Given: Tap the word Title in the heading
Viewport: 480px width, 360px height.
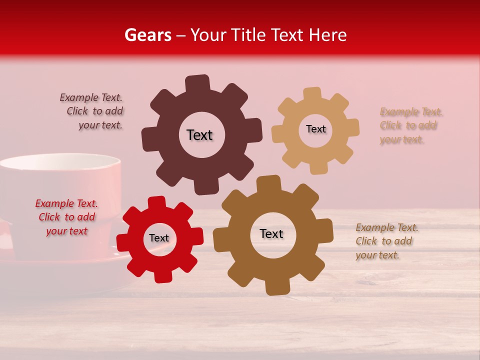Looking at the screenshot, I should [251, 35].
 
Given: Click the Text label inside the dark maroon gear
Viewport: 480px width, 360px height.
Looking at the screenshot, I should [199, 135].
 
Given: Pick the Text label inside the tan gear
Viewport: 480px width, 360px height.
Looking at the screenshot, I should [315, 129].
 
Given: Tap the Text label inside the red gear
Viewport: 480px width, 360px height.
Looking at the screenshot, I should [159, 238].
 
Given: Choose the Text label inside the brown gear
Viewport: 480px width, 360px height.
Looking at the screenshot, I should [271, 233].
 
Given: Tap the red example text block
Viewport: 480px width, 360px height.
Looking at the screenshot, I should [66, 217].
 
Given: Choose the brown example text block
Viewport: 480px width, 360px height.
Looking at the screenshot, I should [386, 241].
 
